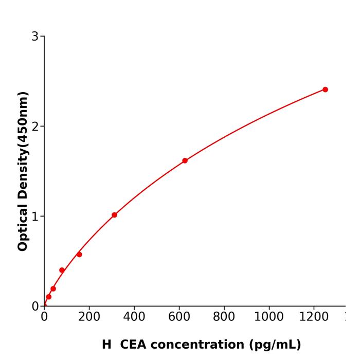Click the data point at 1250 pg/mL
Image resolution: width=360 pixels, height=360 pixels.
click(x=325, y=89)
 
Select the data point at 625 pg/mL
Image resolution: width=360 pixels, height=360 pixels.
click(x=185, y=160)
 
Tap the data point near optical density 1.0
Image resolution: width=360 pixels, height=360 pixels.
click(x=114, y=215)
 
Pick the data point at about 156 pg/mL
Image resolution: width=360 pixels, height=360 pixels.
click(x=79, y=255)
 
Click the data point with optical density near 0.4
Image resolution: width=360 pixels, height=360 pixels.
click(x=62, y=270)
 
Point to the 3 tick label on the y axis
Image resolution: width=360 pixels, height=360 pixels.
click(x=35, y=37)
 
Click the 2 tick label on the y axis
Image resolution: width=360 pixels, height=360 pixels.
click(x=35, y=127)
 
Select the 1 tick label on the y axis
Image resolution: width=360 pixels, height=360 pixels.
click(x=35, y=217)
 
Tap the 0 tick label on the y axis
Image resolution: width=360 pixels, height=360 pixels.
click(x=35, y=307)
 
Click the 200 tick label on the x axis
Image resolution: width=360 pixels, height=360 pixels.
click(x=89, y=317)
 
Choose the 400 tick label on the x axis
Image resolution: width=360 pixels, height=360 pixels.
click(x=134, y=317)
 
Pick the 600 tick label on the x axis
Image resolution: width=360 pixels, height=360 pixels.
click(x=179, y=317)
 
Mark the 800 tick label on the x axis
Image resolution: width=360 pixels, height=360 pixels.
click(x=224, y=317)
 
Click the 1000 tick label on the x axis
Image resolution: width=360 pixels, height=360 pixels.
click(x=269, y=317)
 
